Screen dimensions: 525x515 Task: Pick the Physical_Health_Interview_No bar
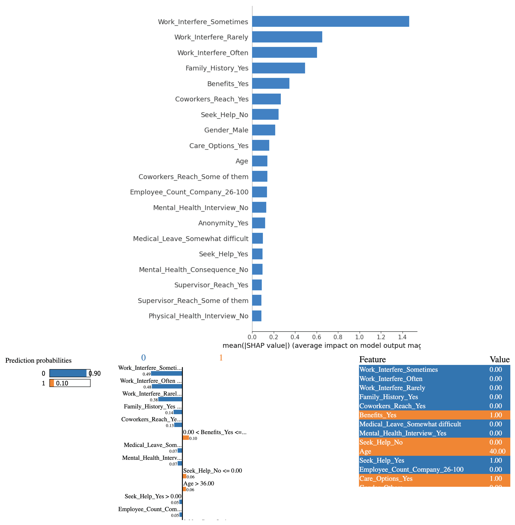click(257, 316)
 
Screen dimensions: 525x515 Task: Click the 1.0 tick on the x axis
click(359, 337)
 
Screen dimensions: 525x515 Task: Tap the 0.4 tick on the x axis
click(295, 337)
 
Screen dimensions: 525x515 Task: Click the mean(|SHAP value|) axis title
click(321, 346)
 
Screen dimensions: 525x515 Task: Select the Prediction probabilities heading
click(38, 361)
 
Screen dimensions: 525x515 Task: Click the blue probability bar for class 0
click(68, 373)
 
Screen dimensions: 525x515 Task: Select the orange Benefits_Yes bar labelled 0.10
click(186, 438)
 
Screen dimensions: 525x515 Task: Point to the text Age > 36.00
click(199, 483)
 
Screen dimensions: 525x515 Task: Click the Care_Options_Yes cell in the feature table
click(386, 478)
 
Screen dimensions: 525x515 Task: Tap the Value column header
click(499, 359)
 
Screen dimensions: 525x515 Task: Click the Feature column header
click(372, 359)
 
